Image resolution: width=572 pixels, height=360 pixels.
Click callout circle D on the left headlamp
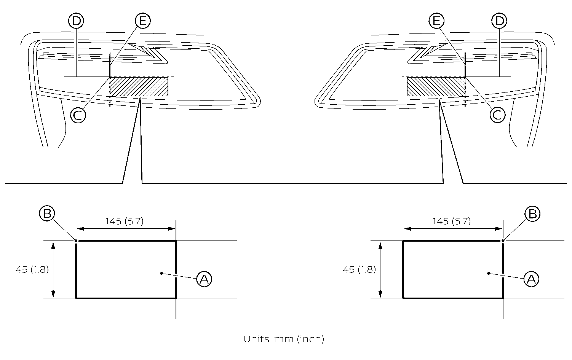point(76,21)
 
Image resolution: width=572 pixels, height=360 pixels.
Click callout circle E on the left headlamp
point(142,21)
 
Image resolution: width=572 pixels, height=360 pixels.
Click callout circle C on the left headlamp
point(78,115)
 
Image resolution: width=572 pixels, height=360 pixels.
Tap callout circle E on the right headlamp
point(436,21)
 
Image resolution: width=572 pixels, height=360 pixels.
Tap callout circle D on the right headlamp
point(500,21)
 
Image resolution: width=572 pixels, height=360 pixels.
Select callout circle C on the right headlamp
point(498,115)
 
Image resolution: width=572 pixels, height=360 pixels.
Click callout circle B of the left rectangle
point(47,213)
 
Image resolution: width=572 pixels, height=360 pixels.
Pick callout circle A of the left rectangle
point(204,279)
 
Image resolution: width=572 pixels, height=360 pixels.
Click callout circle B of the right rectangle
point(532,214)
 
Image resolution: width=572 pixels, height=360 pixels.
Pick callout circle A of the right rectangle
point(531,279)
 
